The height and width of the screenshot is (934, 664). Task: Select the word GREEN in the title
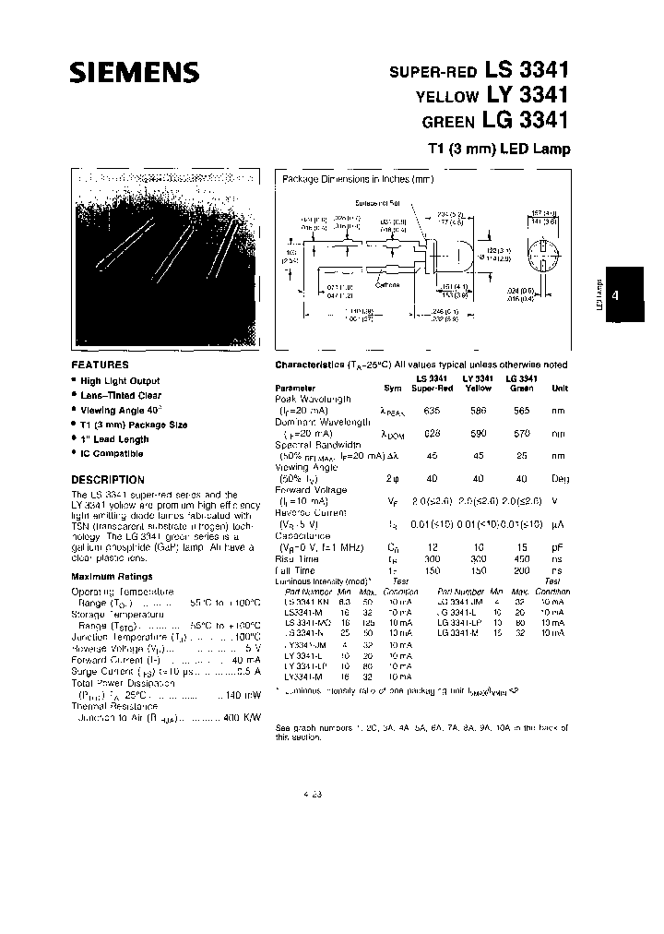coord(448,121)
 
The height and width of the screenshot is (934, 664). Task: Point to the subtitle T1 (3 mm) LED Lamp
coord(498,148)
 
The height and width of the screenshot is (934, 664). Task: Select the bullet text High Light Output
coord(120,381)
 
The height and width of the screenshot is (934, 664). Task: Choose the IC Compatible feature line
coord(113,454)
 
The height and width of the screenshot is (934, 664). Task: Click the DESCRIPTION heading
coord(108,480)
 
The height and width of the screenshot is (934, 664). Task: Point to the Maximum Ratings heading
coord(112,577)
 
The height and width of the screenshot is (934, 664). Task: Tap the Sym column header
coord(393,389)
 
